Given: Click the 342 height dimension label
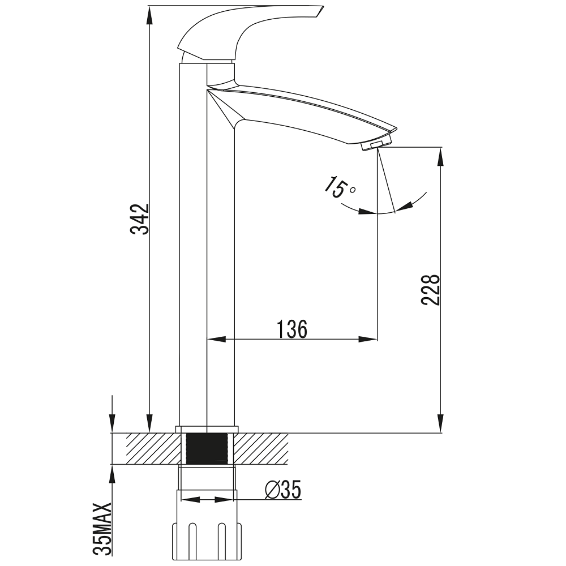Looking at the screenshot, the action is click(x=140, y=219).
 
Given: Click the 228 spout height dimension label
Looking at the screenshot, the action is click(x=431, y=290).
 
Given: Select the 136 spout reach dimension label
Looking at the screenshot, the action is click(x=292, y=329).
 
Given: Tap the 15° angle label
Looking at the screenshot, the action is click(x=339, y=187).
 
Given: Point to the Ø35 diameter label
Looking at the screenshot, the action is click(x=282, y=490).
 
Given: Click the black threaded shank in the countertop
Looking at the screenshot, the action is click(x=207, y=448).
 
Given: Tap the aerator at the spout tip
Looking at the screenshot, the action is click(x=376, y=144).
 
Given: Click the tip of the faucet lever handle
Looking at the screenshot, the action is click(x=323, y=7).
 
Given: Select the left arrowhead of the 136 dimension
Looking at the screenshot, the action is click(x=216, y=339).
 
